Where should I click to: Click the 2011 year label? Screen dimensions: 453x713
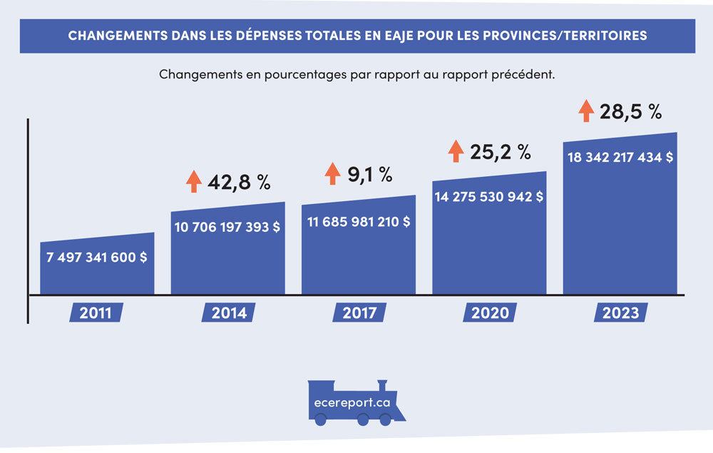tap(97, 312)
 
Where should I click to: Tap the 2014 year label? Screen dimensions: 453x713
tap(228, 312)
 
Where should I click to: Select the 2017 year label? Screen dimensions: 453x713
tap(359, 312)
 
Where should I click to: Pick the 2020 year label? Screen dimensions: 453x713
tap(490, 312)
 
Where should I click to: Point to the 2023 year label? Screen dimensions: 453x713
tap(620, 312)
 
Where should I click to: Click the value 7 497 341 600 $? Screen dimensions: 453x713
tap(97, 257)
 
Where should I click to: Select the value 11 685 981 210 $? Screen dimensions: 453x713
tap(359, 222)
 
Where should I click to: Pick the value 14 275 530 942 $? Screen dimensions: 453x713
tap(490, 196)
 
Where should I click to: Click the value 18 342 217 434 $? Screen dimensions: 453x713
tap(620, 158)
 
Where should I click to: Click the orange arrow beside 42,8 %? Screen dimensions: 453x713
tap(193, 181)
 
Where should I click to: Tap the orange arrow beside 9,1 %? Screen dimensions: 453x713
tap(333, 173)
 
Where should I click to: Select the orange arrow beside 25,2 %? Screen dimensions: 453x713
tap(456, 151)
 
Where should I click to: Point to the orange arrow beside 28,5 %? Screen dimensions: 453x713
tap(586, 111)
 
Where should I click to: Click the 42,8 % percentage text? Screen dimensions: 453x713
tap(239, 182)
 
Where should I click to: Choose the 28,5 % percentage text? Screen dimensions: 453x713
tap(631, 112)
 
